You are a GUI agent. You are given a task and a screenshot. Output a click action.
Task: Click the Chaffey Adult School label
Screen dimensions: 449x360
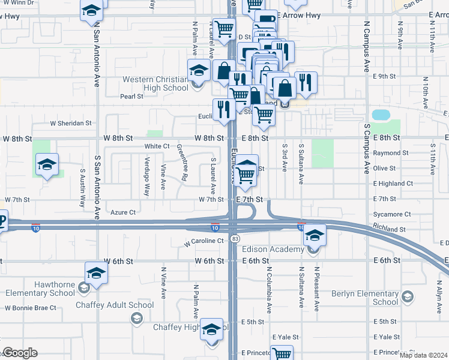[x=115, y=305]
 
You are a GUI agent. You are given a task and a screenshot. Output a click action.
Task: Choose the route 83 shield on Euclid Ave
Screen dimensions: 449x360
[x=233, y=239]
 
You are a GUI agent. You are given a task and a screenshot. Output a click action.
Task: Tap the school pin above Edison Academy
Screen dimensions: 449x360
[x=314, y=235]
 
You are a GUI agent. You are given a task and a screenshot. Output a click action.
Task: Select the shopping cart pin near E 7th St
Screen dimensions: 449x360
[x=246, y=175]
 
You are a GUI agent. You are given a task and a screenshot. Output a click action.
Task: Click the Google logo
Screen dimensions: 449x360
[x=19, y=353]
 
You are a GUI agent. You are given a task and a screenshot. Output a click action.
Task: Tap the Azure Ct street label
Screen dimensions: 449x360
[x=124, y=212]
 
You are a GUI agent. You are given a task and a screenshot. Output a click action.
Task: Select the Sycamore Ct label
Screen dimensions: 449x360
[x=391, y=214]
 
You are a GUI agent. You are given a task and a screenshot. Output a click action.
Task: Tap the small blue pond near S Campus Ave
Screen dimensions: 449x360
[x=381, y=115]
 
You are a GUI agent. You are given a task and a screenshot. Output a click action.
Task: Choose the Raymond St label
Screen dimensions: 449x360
[x=391, y=153]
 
